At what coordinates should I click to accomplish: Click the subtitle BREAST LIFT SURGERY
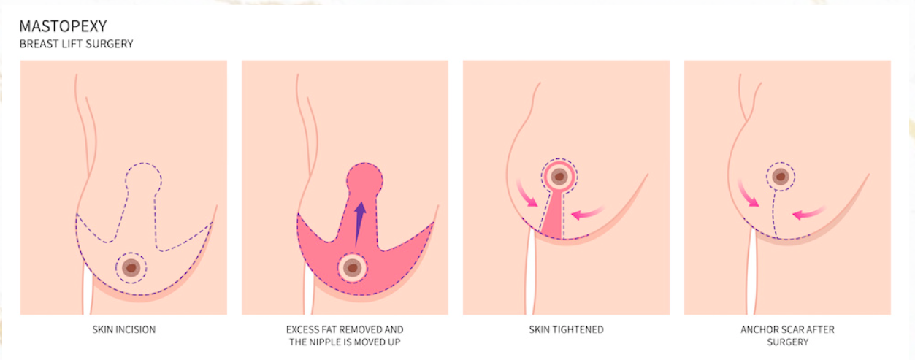coord(77,44)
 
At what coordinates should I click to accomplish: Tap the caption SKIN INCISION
coord(123,329)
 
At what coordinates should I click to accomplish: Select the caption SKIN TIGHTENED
coord(566,329)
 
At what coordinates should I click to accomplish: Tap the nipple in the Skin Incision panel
coord(131,268)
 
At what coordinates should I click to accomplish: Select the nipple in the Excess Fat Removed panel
coord(352,268)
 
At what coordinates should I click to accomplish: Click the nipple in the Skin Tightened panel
coord(560,176)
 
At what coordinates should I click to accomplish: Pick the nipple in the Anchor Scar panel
coord(781,176)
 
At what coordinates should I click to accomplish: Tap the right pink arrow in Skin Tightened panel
coord(588,213)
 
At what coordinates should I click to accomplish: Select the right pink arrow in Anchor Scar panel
coord(809,213)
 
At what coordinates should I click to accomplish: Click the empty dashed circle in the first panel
coord(142,177)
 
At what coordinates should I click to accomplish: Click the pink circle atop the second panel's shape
coord(363,179)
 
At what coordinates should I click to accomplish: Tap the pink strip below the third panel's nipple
coord(554,219)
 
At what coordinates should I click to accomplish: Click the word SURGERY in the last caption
coord(787,342)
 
